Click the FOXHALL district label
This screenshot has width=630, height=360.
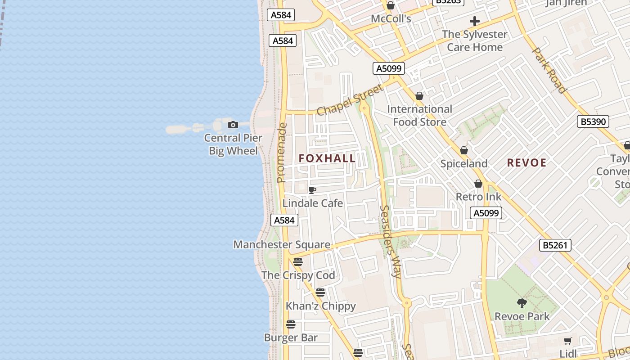click(x=327, y=158)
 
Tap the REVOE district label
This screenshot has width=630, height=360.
click(x=526, y=163)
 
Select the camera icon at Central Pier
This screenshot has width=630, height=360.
click(x=233, y=125)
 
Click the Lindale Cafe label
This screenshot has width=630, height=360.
click(x=313, y=203)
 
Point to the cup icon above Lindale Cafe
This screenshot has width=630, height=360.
click(x=312, y=190)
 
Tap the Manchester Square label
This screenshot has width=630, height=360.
click(x=282, y=245)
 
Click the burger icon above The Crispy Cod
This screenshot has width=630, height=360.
click(x=298, y=261)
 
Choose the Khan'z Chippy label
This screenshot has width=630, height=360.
click(x=321, y=306)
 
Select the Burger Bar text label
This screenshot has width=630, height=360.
click(x=291, y=337)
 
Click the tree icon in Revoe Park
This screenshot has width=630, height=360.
click(x=522, y=303)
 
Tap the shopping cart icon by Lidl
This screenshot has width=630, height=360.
click(x=568, y=341)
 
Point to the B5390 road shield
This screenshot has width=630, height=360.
click(x=593, y=121)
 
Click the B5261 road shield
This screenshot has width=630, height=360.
click(x=555, y=245)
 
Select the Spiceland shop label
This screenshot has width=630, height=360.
click(x=464, y=164)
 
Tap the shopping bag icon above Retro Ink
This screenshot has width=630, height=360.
click(x=478, y=184)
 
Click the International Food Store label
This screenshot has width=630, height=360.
click(x=420, y=116)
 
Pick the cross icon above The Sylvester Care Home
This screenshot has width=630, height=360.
click(x=474, y=21)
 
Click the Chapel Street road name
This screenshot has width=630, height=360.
click(x=351, y=99)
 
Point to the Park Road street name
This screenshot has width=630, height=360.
click(x=549, y=70)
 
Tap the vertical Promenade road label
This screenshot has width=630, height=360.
click(x=282, y=153)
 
